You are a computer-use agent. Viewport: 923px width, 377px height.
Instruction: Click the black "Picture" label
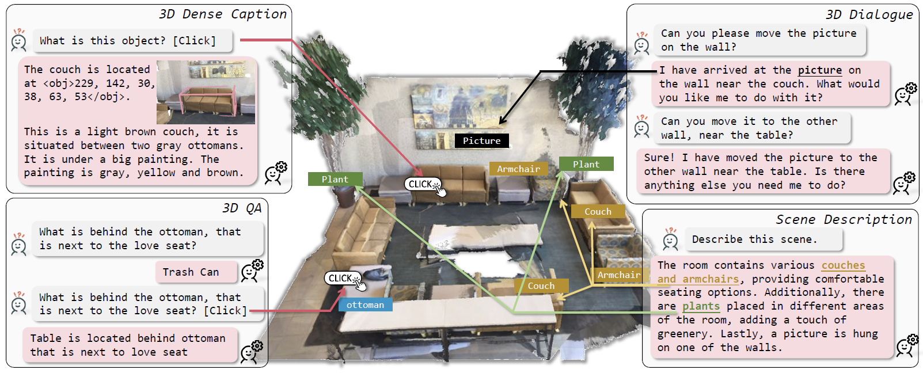(x=481, y=140)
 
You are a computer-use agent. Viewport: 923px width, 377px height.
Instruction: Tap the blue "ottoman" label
(x=365, y=305)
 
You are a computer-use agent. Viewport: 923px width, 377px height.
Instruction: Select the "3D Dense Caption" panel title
(x=223, y=14)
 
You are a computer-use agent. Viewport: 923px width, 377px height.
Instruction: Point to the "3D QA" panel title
(x=242, y=208)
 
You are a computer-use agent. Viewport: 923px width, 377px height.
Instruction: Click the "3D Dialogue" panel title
(x=869, y=14)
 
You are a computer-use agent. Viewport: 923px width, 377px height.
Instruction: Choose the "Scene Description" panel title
(x=844, y=219)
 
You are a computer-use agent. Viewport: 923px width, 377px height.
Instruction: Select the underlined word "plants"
(x=701, y=306)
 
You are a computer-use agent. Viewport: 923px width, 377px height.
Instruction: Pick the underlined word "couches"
(x=843, y=265)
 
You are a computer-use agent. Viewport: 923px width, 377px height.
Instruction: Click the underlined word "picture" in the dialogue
(x=819, y=70)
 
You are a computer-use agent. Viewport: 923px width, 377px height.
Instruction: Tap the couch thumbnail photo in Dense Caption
(x=206, y=92)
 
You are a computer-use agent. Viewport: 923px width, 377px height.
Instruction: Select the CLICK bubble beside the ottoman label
(x=342, y=279)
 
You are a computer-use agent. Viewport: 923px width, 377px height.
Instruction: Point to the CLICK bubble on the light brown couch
(x=422, y=184)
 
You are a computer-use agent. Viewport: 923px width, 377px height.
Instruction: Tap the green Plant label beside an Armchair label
(x=586, y=165)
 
